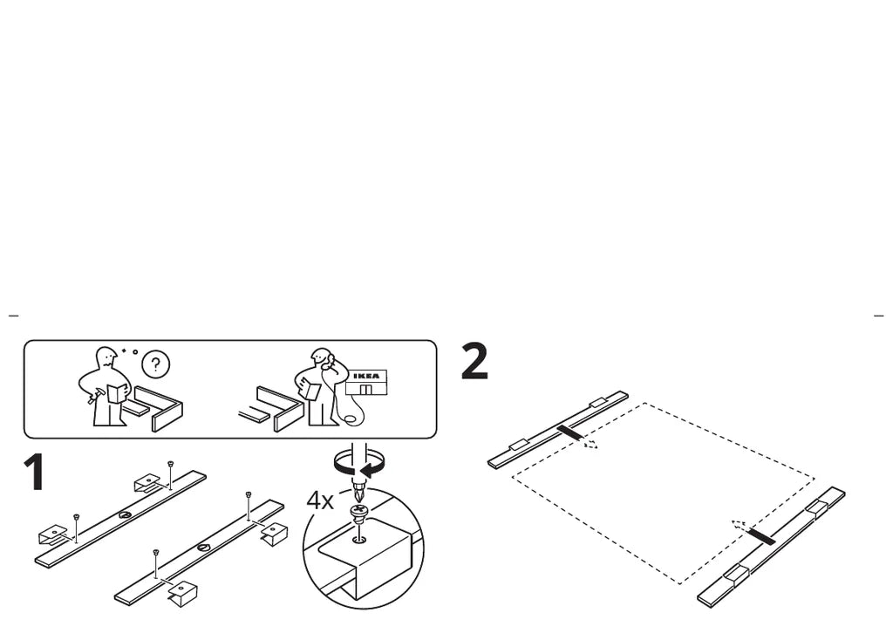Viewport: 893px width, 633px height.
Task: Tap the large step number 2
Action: [474, 362]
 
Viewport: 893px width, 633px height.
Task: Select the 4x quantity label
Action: [319, 500]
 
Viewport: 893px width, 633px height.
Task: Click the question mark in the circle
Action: [156, 363]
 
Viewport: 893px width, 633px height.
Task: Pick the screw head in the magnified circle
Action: [358, 511]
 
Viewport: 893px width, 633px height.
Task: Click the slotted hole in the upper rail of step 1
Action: [126, 515]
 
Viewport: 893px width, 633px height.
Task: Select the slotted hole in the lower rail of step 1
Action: [203, 548]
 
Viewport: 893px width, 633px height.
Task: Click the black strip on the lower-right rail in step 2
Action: [761, 535]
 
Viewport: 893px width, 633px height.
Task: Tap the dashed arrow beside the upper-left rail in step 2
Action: [590, 444]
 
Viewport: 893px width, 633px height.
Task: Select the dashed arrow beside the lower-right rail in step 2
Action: [740, 526]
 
